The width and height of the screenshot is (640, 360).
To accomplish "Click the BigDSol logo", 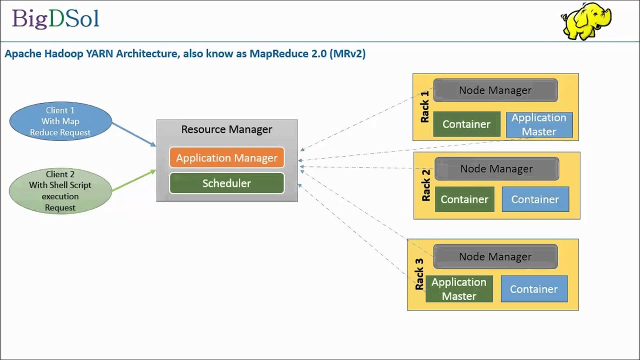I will [x=55, y=19].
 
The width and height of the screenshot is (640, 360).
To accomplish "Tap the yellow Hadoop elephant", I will [x=586, y=21].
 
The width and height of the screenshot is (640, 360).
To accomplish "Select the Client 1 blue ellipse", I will [x=60, y=121].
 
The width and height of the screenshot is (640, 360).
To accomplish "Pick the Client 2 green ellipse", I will [x=60, y=190].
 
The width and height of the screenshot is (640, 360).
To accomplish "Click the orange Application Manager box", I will [x=226, y=158].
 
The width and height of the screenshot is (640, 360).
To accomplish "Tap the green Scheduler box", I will [x=226, y=183].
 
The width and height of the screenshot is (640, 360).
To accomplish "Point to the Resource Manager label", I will [x=226, y=129].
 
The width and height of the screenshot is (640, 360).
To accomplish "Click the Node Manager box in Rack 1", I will [x=495, y=90].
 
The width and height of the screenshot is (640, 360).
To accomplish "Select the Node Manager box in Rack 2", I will [x=496, y=169].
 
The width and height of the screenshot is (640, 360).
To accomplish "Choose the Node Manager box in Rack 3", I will [x=495, y=256].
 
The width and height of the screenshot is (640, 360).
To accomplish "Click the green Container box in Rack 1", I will [x=466, y=124].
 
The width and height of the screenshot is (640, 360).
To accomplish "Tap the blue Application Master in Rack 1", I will [x=539, y=124].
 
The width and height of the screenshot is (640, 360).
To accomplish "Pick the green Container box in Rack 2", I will [x=464, y=199].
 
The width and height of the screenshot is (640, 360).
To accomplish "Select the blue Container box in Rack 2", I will [x=535, y=199].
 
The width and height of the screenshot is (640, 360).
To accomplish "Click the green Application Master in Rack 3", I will [x=459, y=289].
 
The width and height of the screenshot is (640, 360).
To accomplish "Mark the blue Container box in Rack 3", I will [x=533, y=289].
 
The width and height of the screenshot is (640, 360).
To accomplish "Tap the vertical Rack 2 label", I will [x=425, y=185].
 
